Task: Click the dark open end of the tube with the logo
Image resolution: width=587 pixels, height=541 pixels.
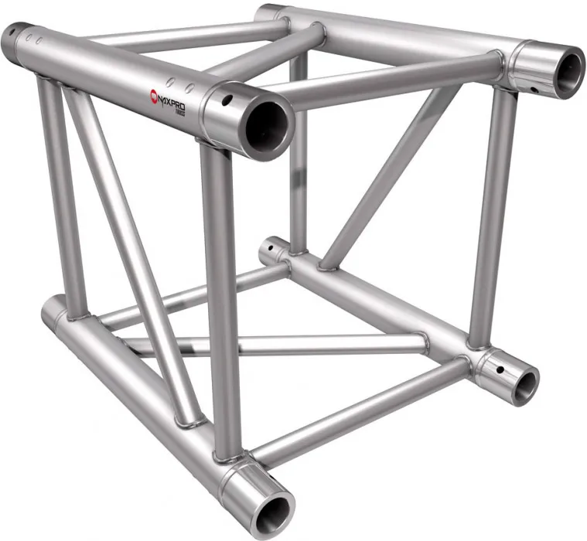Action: coord(265,123)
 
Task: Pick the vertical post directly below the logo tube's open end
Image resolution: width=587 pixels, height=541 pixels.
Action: coord(220,294)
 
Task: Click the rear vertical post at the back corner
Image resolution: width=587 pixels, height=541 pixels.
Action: coord(299,155)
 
